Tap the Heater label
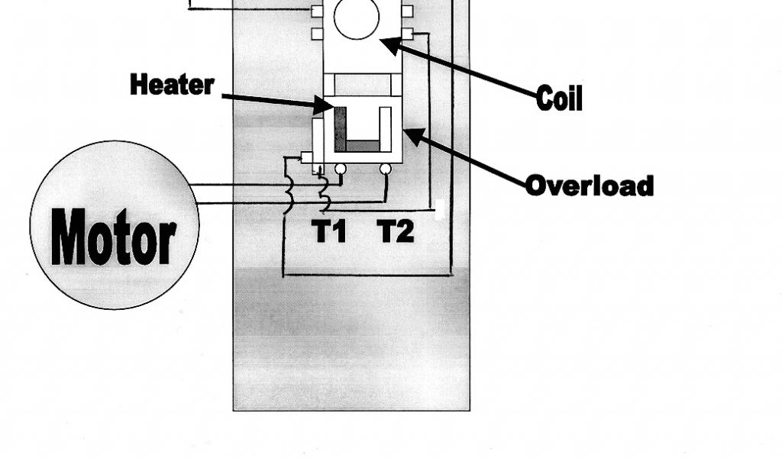172,84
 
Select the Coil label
560,98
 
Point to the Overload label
589,185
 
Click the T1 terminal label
329,231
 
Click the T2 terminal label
396,231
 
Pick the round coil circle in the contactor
357,18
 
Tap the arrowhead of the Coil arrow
386,43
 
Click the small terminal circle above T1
341,168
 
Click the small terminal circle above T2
386,168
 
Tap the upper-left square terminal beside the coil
317,11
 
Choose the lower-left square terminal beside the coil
317,34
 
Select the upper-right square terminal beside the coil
407,11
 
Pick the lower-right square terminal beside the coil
407,34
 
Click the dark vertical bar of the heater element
340,126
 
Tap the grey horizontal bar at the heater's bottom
362,145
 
